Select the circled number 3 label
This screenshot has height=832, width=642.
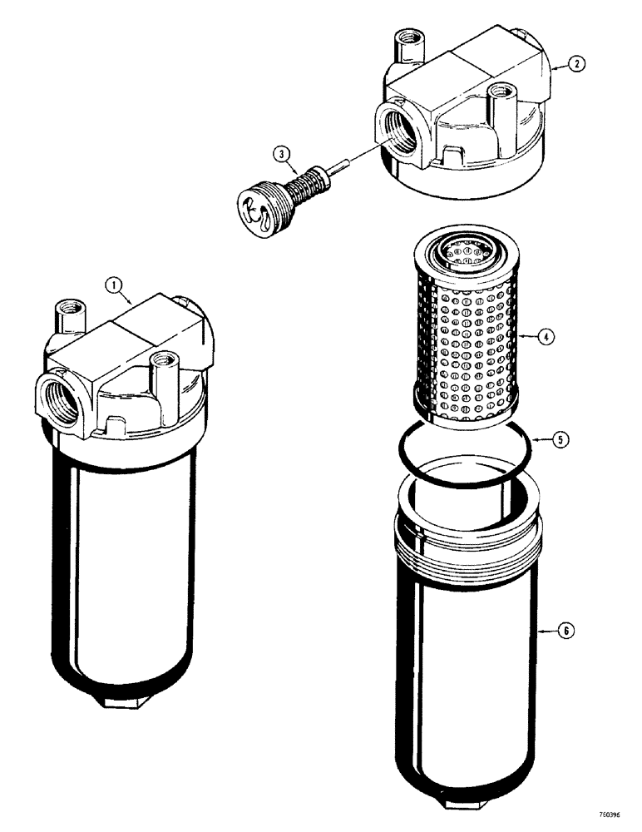(284, 153)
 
